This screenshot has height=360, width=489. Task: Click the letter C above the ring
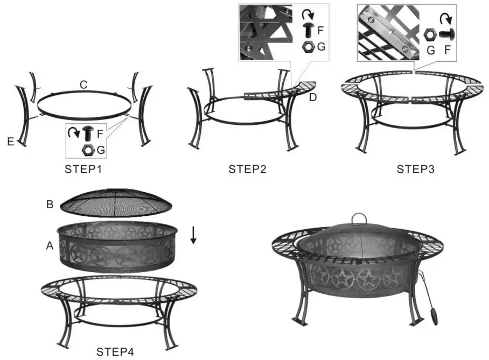point(83,84)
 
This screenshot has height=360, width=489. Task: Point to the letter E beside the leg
point(11,142)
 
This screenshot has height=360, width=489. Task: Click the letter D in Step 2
point(313,97)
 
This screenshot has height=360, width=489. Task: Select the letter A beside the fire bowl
point(50,245)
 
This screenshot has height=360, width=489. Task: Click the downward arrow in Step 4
point(193,236)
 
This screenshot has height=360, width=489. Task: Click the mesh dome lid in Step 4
point(115,202)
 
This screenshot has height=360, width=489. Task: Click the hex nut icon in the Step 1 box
point(87,149)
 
